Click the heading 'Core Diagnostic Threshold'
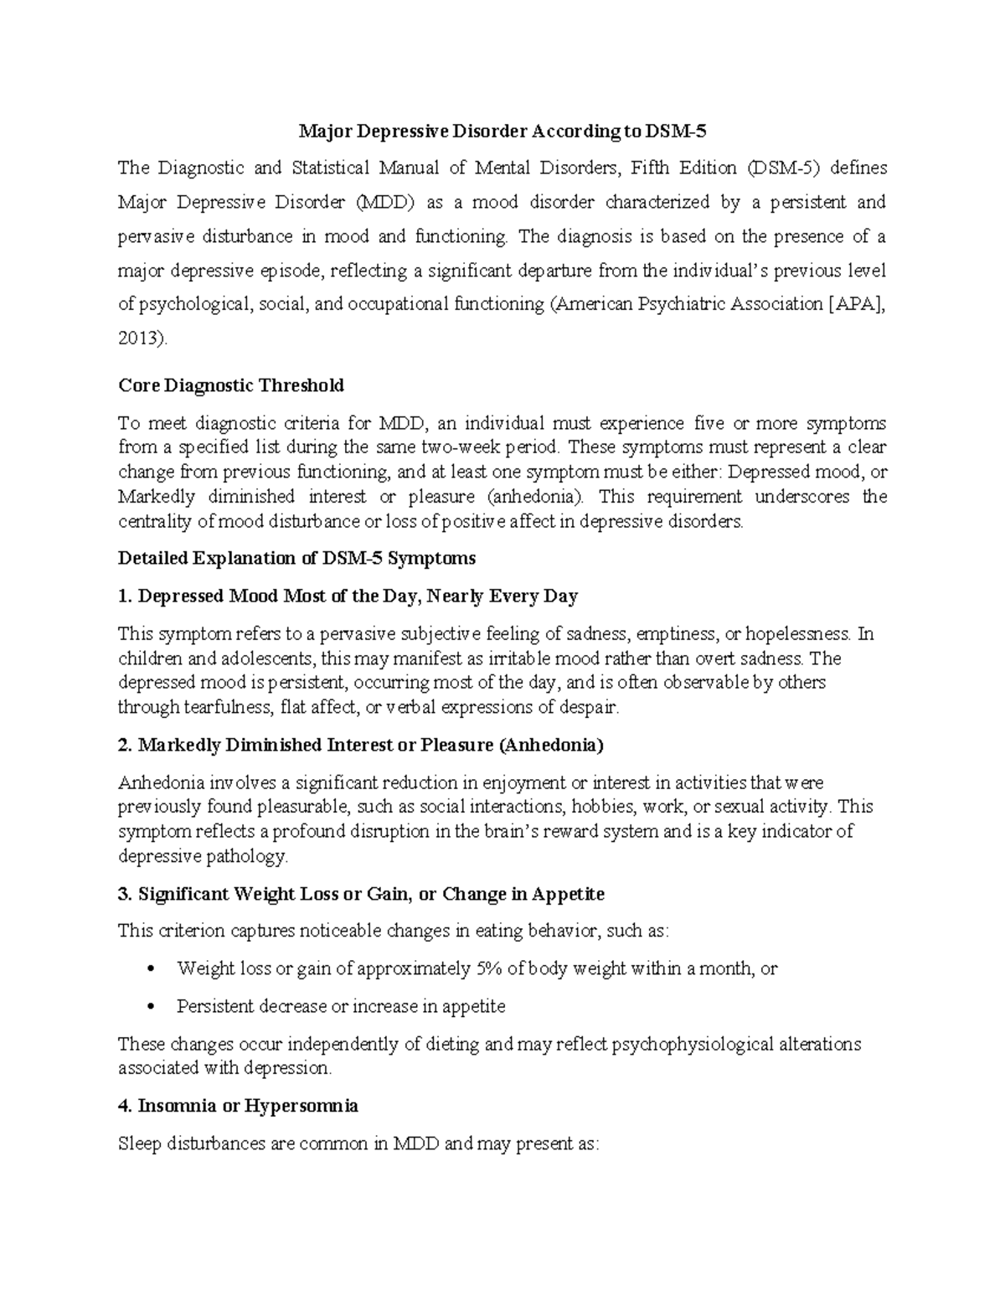tap(231, 385)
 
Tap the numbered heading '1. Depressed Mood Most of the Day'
tap(348, 596)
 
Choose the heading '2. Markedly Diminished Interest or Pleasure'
tap(361, 745)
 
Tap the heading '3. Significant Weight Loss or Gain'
tap(361, 894)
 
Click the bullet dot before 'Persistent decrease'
tap(150, 1007)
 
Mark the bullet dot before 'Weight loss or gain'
tap(150, 969)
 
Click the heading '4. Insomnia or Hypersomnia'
tap(239, 1106)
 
